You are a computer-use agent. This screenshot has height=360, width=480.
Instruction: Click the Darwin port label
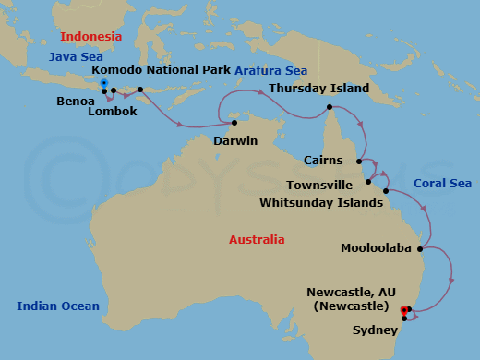(234, 141)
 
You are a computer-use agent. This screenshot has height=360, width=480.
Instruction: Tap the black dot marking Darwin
(234, 123)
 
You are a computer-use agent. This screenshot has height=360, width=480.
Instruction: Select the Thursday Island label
(319, 89)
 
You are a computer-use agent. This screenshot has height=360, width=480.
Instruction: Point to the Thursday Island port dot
(329, 108)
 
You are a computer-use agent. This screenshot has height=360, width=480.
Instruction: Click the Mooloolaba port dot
(421, 248)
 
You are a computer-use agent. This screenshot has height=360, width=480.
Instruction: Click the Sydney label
(375, 330)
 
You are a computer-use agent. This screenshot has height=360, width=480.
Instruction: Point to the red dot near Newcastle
(403, 309)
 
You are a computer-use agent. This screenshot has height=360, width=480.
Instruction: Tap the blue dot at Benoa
(104, 83)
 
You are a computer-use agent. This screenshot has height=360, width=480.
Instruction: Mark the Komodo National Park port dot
(140, 90)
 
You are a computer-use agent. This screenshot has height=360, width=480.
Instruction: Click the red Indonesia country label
(90, 36)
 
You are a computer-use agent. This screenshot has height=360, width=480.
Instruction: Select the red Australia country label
(257, 240)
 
